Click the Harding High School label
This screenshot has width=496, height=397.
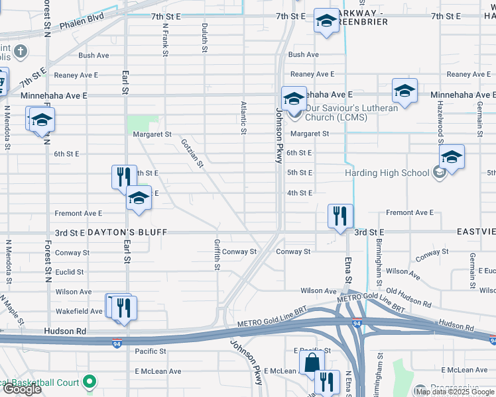click(x=387, y=173)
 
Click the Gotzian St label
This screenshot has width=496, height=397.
click(x=192, y=153)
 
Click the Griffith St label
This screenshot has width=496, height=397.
click(x=217, y=255)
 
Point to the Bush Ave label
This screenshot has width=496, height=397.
click(x=93, y=56)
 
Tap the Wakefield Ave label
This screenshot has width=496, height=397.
click(x=78, y=311)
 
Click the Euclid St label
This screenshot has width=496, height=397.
click(x=70, y=272)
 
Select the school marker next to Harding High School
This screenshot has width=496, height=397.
click(x=452, y=157)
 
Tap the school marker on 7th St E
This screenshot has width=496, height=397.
click(x=326, y=21)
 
